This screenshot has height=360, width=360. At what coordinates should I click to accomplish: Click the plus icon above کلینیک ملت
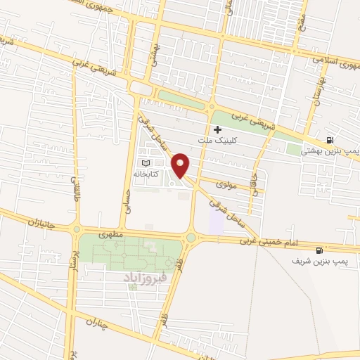click(217, 129)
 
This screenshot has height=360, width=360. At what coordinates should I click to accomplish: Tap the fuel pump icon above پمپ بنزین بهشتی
click(330, 140)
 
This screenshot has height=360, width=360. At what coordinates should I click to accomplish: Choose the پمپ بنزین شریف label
click(320, 260)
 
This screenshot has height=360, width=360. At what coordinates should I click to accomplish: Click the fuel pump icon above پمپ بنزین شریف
click(320, 250)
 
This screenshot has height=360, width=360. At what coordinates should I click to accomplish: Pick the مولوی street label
click(225, 184)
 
